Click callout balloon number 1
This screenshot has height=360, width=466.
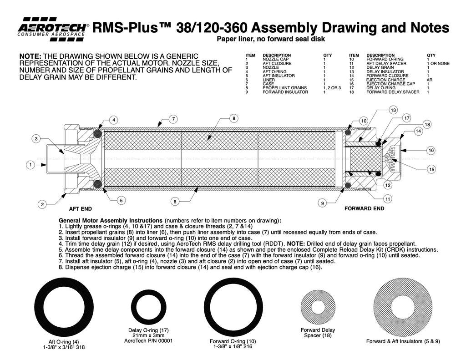30,165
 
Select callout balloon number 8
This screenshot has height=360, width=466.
233,118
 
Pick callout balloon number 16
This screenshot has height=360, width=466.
431,150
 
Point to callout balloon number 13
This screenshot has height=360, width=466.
393,110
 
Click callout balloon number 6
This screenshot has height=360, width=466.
175,201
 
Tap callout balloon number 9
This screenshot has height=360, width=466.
322,204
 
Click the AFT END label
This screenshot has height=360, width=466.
80,209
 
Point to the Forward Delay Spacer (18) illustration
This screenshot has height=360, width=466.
318,307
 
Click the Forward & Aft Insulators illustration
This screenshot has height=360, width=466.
403,307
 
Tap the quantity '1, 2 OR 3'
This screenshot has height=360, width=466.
332,88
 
